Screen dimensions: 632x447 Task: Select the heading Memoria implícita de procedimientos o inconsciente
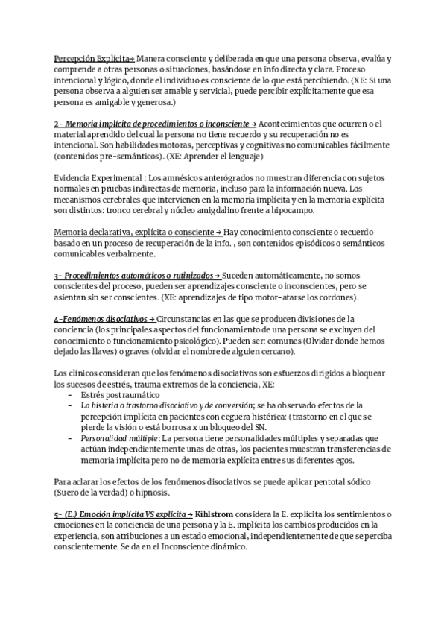154,124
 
